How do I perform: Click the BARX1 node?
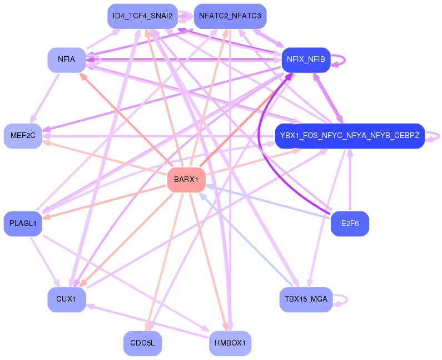coord(186,180)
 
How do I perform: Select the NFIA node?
coord(67,59)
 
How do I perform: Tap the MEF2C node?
coord(23,136)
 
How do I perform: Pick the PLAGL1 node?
coord(23,224)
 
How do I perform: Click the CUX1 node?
coord(66,299)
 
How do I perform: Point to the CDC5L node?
coord(142,343)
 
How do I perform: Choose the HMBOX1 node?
coord(230,343)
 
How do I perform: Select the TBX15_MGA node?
coord(306,299)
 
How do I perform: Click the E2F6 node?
coord(350,224)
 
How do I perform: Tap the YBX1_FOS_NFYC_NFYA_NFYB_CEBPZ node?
coord(350,136)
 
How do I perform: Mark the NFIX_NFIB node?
coord(306,59)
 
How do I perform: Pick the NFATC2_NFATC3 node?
coord(230,16)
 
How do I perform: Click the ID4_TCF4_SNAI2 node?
coord(142,16)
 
